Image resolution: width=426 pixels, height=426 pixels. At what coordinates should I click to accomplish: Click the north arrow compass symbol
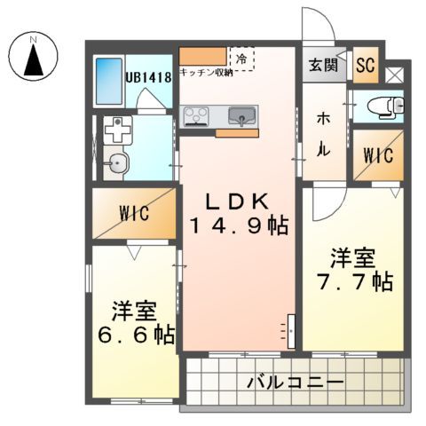coord(34,60)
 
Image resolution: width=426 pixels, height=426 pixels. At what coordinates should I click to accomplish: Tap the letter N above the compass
coord(34,39)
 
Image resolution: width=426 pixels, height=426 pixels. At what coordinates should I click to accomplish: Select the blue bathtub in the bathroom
coord(108,81)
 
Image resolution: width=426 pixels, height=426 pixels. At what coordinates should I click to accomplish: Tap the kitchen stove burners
coord(196,114)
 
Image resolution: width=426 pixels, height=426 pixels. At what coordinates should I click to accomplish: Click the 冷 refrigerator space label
coord(241,58)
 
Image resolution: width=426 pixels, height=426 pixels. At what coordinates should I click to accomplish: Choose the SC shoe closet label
coord(365,64)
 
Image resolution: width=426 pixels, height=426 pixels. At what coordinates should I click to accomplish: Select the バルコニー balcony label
coord(295,384)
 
